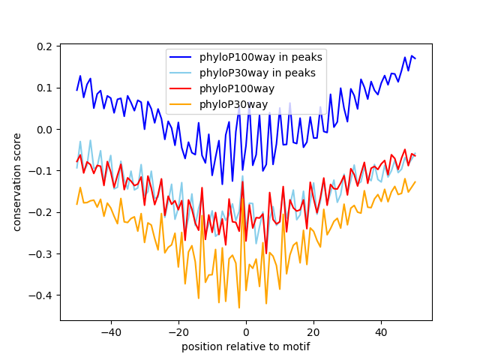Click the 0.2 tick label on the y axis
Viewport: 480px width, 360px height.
click(45, 46)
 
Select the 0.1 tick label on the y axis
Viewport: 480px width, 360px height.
click(45, 88)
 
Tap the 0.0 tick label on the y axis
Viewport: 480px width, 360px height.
click(45, 129)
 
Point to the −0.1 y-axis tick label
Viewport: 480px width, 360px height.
click(42, 171)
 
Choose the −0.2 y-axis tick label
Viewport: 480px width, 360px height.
click(42, 212)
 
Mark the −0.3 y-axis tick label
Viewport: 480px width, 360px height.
click(42, 253)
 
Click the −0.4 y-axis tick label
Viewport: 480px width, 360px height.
click(42, 295)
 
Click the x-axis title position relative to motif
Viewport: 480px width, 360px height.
click(245, 346)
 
